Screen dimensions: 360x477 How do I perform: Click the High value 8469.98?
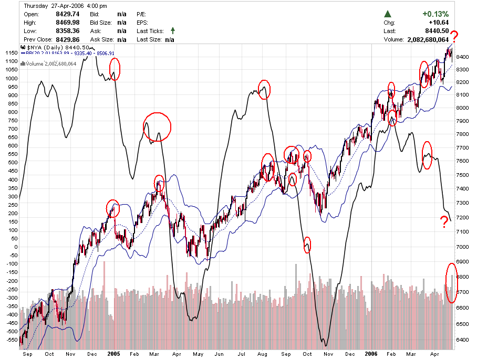[68, 23]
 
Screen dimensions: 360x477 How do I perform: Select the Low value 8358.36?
[68, 31]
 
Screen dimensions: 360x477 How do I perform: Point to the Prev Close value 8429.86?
[68, 39]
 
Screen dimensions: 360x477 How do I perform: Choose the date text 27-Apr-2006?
[66, 5]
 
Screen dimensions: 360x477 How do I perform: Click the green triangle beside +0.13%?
[388, 14]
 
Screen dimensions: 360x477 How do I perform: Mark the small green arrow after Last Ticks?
[172, 31]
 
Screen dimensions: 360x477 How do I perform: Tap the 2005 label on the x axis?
[114, 354]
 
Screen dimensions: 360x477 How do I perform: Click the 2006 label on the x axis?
[371, 354]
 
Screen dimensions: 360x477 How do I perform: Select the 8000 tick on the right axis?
[463, 108]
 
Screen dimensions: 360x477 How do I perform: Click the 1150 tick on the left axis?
[11, 53]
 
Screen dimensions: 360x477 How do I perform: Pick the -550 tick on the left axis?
[11, 340]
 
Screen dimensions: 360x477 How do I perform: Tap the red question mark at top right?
[454, 36]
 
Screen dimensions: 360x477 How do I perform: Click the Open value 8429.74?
[68, 14]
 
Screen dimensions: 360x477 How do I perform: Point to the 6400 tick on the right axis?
[463, 340]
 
